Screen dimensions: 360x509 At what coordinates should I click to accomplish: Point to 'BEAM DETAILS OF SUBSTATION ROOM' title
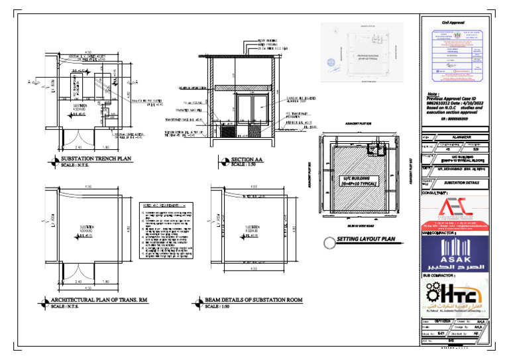(253, 300)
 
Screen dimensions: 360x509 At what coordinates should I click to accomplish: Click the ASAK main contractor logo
(457, 253)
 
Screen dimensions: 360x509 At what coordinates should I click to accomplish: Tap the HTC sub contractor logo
(457, 297)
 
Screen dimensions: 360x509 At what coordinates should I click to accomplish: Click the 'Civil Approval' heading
(457, 25)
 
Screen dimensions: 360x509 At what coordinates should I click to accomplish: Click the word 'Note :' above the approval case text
(434, 94)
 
